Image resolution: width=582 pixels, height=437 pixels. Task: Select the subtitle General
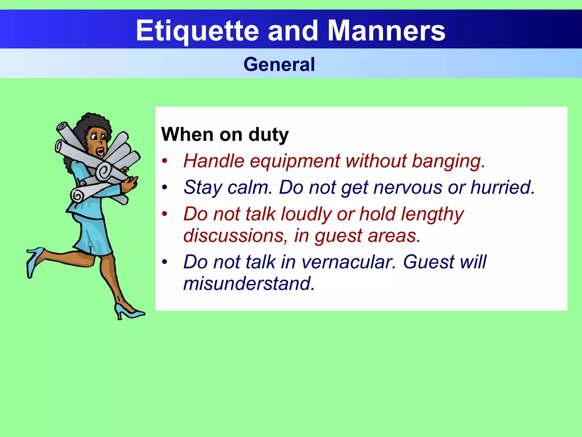pyautogui.click(x=279, y=64)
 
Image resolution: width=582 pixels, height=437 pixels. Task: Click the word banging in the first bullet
pyautogui.click(x=448, y=161)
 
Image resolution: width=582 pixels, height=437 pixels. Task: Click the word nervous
pyautogui.click(x=408, y=187)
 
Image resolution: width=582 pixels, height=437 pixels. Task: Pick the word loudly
pyautogui.click(x=306, y=214)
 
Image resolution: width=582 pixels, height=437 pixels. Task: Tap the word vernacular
pyautogui.click(x=348, y=262)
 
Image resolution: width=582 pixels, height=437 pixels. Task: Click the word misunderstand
pyautogui.click(x=249, y=284)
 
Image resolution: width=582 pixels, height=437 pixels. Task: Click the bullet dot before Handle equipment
pyautogui.click(x=165, y=161)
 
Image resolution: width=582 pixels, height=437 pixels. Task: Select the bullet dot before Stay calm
pyautogui.click(x=165, y=187)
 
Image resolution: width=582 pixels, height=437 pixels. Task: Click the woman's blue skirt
pyautogui.click(x=94, y=236)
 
